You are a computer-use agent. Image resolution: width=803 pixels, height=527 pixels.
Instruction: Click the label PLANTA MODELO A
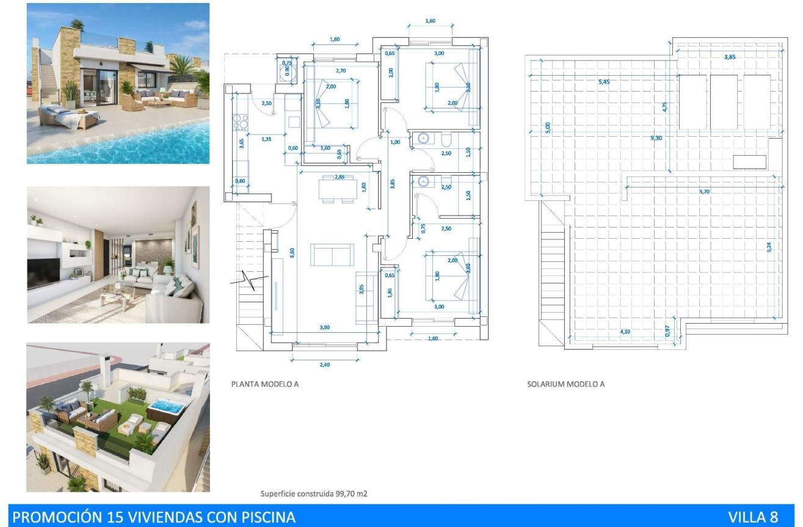[264, 385]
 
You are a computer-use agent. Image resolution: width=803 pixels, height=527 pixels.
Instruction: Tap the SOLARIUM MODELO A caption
[565, 385]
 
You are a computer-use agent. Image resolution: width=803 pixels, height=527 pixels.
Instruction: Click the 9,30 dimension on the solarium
[656, 139]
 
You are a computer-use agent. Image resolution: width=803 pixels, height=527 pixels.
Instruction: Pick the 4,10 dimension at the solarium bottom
[625, 332]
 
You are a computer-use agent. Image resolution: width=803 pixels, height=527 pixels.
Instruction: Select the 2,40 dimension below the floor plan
[324, 365]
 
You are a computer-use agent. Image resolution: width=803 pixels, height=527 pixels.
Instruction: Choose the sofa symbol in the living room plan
[332, 255]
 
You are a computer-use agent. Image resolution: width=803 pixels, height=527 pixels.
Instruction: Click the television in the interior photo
[43, 273]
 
